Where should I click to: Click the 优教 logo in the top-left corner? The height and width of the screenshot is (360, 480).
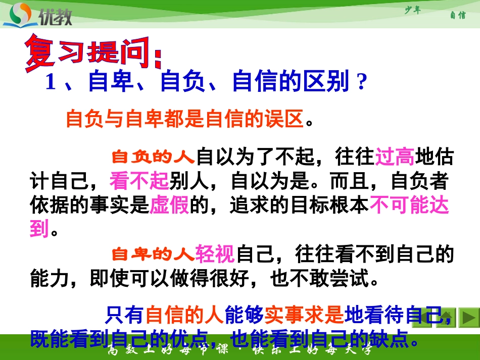pyautogui.click(x=38, y=15)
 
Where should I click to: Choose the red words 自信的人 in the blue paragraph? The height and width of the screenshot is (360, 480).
pyautogui.click(x=184, y=316)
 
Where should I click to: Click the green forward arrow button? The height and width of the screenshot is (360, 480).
pyautogui.click(x=469, y=318)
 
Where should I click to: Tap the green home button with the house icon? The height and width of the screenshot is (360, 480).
pyautogui.click(x=446, y=318)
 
